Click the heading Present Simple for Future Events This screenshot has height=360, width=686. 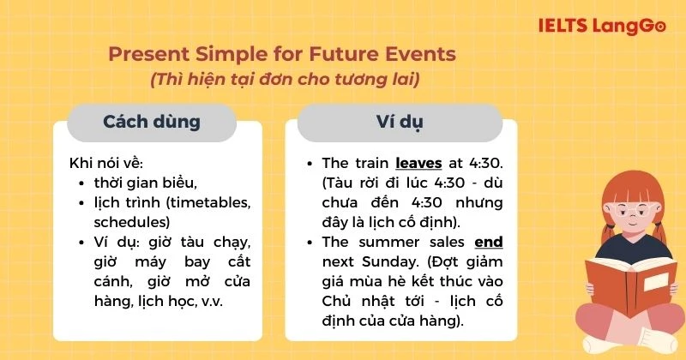282,55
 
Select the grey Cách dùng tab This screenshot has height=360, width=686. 152,122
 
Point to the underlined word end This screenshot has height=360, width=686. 488,242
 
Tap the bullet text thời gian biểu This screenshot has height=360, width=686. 146,183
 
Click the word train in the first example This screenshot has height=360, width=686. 370,162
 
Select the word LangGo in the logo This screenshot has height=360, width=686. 629,26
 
